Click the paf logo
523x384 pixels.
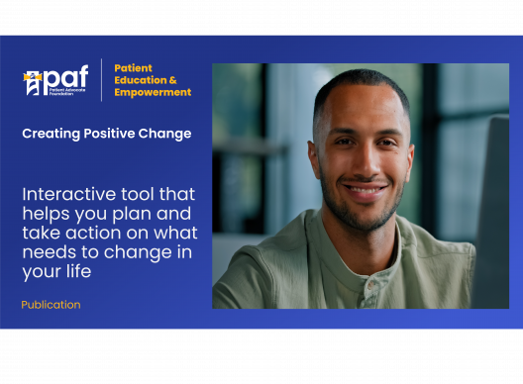coord(57,80)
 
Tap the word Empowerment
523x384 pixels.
coord(153,93)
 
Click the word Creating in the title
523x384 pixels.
coord(50,134)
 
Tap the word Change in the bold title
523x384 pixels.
coord(165,134)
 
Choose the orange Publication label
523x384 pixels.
coord(51,305)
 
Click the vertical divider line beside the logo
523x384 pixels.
coord(102,79)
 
